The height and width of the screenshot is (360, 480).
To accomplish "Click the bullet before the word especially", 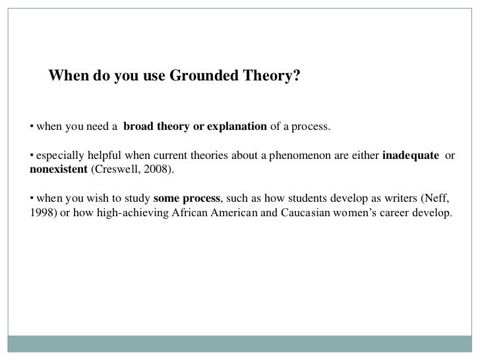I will coord(32,156).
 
